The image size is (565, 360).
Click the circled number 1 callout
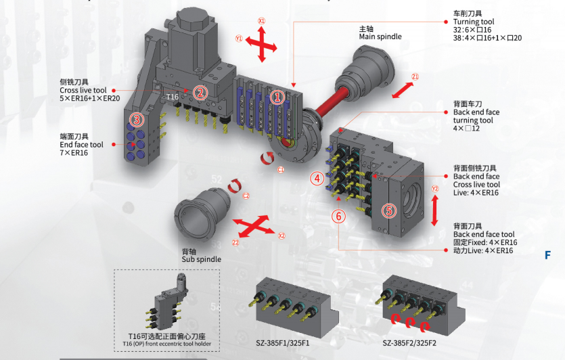(x=276, y=97)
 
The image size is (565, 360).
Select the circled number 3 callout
(x=137, y=120)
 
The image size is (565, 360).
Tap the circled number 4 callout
(x=317, y=179)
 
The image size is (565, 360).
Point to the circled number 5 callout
(x=388, y=210)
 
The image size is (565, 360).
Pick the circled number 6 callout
(x=339, y=216)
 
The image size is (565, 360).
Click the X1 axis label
(x=262, y=21)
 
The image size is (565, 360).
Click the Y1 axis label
(x=239, y=39)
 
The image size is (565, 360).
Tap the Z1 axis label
(x=415, y=76)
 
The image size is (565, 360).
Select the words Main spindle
(x=380, y=37)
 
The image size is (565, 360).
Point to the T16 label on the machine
(x=173, y=97)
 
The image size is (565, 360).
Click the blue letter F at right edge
(x=549, y=255)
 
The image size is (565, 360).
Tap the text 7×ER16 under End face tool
(x=74, y=153)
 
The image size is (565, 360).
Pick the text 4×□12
(x=466, y=129)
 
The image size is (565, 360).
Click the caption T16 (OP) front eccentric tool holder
(x=167, y=344)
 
